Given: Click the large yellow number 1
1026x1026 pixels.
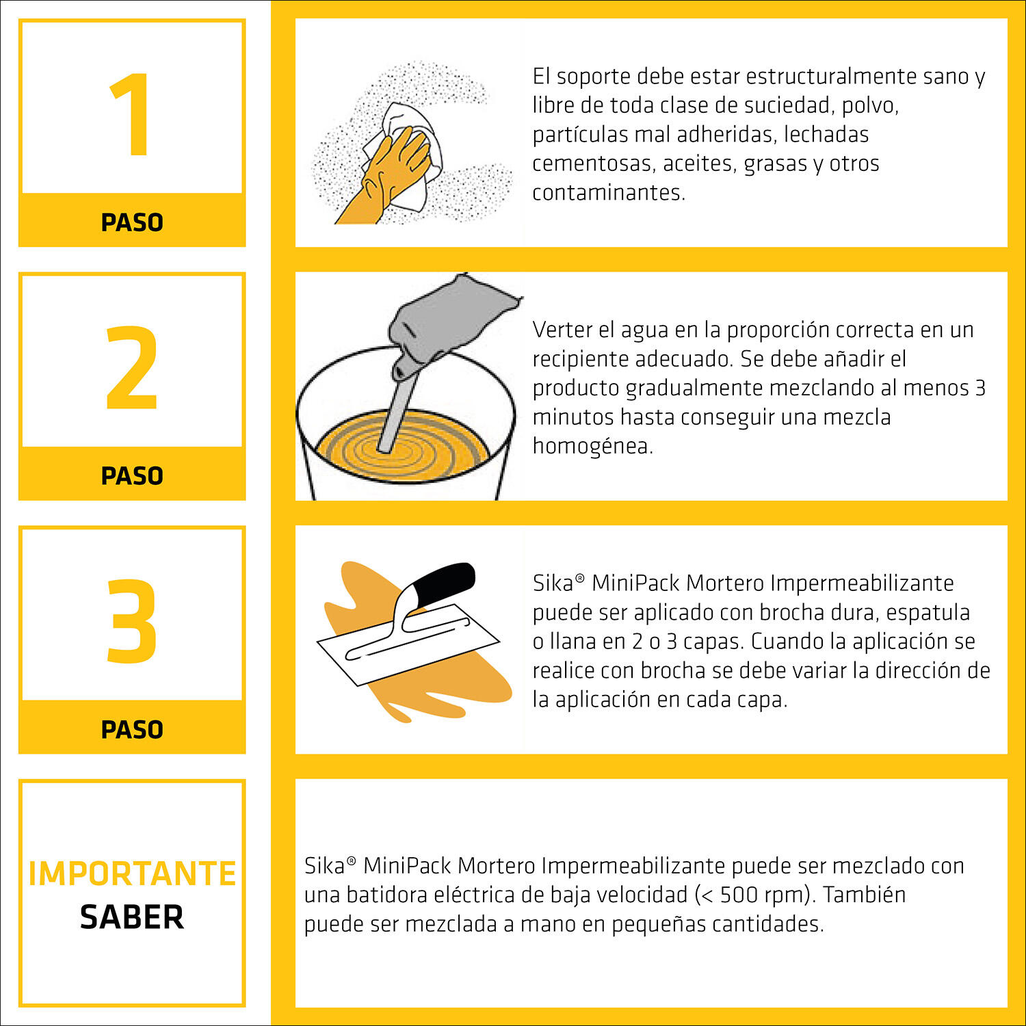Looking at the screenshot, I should (x=131, y=115).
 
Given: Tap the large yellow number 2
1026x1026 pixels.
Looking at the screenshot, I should (x=131, y=368).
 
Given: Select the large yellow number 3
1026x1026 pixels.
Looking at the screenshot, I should (x=131, y=621).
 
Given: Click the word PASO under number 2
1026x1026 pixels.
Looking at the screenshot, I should (x=132, y=475).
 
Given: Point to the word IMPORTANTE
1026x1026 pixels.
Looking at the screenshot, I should (x=132, y=873).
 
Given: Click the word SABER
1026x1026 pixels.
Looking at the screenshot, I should (x=132, y=917).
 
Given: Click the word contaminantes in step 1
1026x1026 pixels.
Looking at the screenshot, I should (x=608, y=193).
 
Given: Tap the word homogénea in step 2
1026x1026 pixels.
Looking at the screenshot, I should (x=592, y=446).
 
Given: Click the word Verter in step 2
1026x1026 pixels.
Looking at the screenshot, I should (x=560, y=330).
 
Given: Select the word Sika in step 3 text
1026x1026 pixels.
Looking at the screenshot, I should (x=553, y=583).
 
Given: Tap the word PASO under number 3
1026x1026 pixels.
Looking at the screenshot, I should (x=132, y=729).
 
